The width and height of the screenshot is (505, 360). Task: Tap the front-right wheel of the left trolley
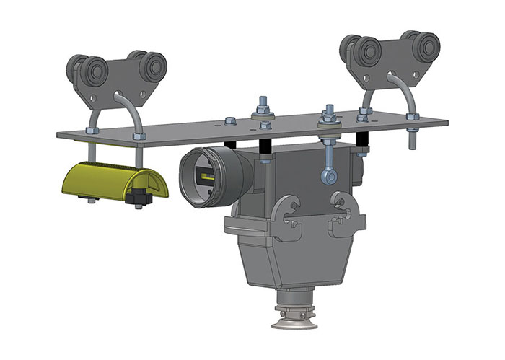pyautogui.click(x=152, y=69)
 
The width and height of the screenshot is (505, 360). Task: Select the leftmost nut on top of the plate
pyautogui.click(x=92, y=131)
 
